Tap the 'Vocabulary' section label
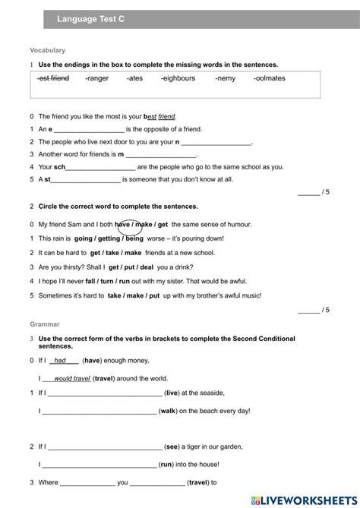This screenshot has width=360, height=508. [47, 50]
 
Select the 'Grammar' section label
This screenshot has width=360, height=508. [45, 323]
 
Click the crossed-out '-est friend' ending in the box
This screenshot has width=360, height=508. [53, 78]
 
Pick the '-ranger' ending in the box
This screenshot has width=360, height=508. [97, 78]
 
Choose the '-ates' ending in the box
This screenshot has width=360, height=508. [134, 78]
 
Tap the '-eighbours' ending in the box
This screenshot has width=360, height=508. [178, 78]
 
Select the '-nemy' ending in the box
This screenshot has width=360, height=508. [226, 78]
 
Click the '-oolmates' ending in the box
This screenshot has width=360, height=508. [270, 78]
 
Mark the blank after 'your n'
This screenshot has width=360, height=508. [216, 142]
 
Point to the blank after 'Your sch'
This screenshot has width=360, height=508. [100, 167]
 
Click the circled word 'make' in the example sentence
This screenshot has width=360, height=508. [130, 225]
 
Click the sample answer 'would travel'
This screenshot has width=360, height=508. [72, 378]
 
